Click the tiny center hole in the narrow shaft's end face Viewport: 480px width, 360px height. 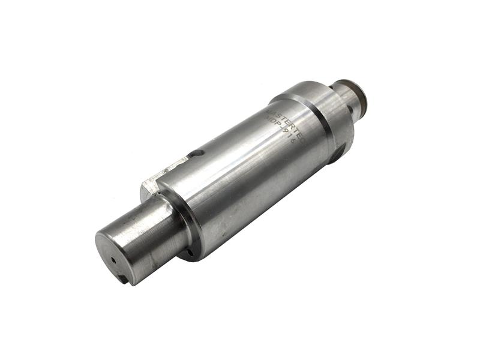(x=113, y=261)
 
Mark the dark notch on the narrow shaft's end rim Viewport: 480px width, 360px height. (x=122, y=278)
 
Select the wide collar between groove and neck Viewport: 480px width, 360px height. (x=324, y=114)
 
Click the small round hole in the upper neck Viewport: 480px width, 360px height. (x=350, y=109)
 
